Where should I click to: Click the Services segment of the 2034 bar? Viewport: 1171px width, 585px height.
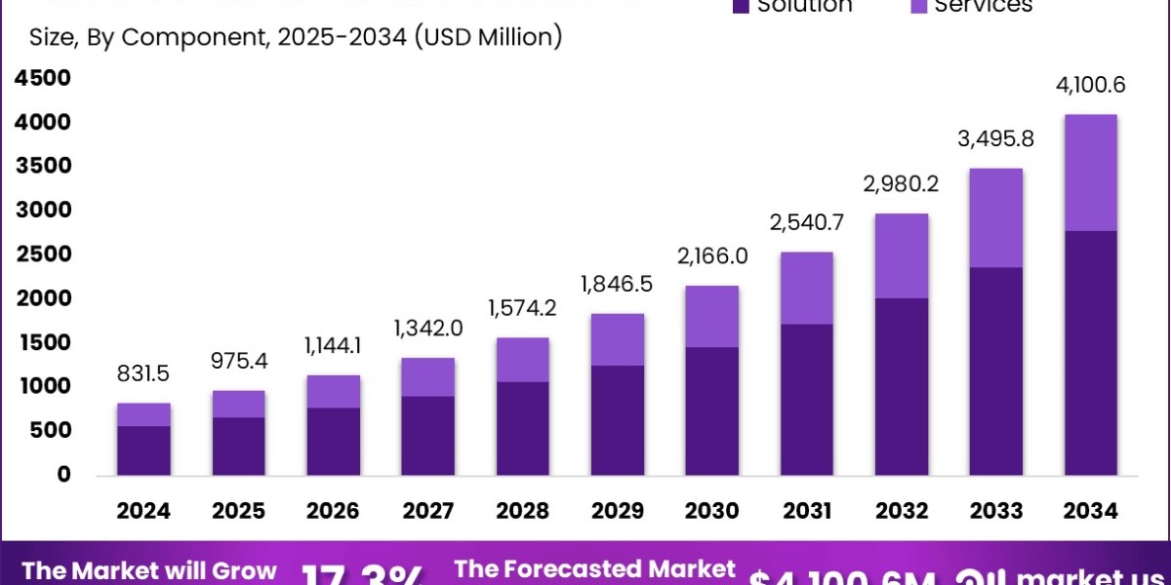1090,173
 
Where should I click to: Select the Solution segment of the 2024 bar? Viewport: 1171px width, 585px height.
144,450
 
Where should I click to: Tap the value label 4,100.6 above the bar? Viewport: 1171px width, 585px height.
1090,85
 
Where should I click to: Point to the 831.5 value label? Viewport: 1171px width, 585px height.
144,373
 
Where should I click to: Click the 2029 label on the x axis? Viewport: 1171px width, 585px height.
618,510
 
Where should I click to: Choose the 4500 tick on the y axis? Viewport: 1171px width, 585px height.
43,78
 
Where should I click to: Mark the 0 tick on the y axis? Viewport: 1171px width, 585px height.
62,475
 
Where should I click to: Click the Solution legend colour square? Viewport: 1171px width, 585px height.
740,6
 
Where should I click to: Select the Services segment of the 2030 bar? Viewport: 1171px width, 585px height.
712,316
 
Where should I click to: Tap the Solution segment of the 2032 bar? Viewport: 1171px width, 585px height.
902,386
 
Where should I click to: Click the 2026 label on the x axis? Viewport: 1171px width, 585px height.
334,510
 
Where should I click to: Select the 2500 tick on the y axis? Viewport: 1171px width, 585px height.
43,254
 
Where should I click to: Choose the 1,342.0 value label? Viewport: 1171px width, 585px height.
428,329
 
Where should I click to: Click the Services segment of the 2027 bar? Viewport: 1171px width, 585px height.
428,376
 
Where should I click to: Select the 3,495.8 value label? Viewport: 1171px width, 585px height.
995,138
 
